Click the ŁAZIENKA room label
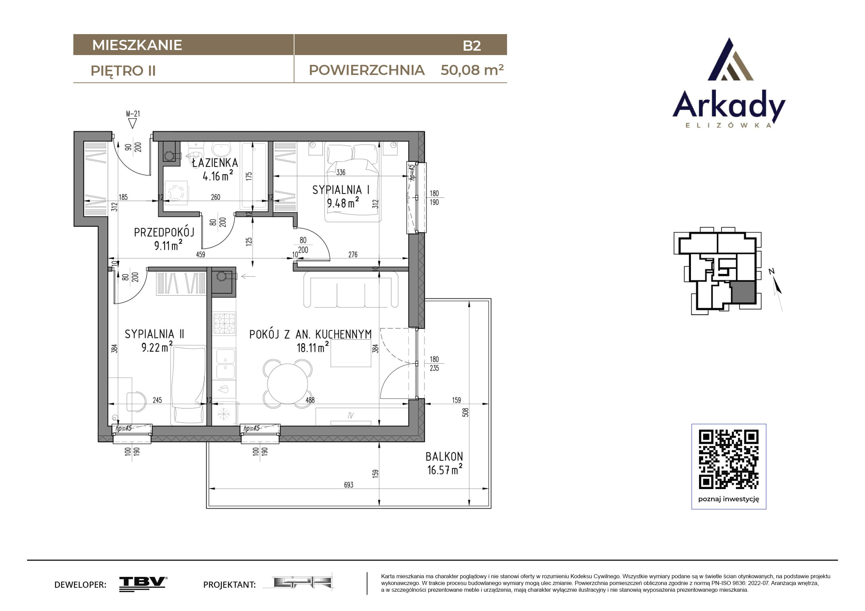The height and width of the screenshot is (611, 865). point(215,163)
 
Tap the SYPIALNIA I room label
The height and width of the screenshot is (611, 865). point(341,190)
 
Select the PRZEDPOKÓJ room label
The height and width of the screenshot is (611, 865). point(164,232)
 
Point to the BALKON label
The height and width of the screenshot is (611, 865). point(444,456)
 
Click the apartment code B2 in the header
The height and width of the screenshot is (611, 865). point(472,46)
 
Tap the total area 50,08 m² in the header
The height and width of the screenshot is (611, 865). point(472,70)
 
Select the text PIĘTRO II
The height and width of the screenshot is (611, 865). point(123,71)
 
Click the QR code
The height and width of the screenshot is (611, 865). point(729,459)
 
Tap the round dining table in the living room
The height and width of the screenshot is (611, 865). point(287,384)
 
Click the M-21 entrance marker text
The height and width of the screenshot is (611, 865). point(133,113)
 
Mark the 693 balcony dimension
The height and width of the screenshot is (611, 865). point(349,485)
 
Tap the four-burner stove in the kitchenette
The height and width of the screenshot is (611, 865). point(224,323)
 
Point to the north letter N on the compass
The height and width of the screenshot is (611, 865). point(771,271)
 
